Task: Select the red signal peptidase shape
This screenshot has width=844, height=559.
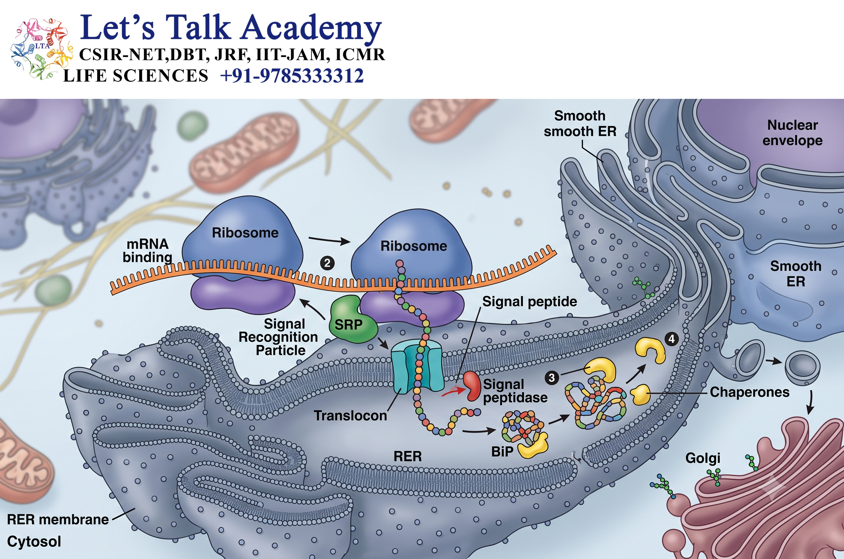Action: pos(472,386)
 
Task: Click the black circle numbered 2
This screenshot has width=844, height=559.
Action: pos(327,263)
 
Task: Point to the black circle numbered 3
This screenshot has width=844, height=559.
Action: pos(551,377)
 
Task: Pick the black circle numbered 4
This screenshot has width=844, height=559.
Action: pos(672,339)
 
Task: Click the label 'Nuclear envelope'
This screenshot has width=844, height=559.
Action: pos(792,133)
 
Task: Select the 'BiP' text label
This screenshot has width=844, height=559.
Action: pos(502,452)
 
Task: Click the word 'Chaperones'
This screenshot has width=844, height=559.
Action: pos(750,392)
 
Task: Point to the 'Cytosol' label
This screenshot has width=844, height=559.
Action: pos(34,542)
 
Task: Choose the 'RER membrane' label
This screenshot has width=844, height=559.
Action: pos(58,519)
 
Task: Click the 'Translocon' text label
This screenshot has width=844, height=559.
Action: pos(350,416)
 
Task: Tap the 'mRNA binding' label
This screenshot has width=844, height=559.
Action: pos(147,251)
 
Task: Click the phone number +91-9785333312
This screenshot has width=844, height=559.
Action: pos(292,76)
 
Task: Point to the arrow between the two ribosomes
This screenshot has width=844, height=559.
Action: pos(330,240)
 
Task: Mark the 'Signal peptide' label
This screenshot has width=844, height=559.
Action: pos(530,302)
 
